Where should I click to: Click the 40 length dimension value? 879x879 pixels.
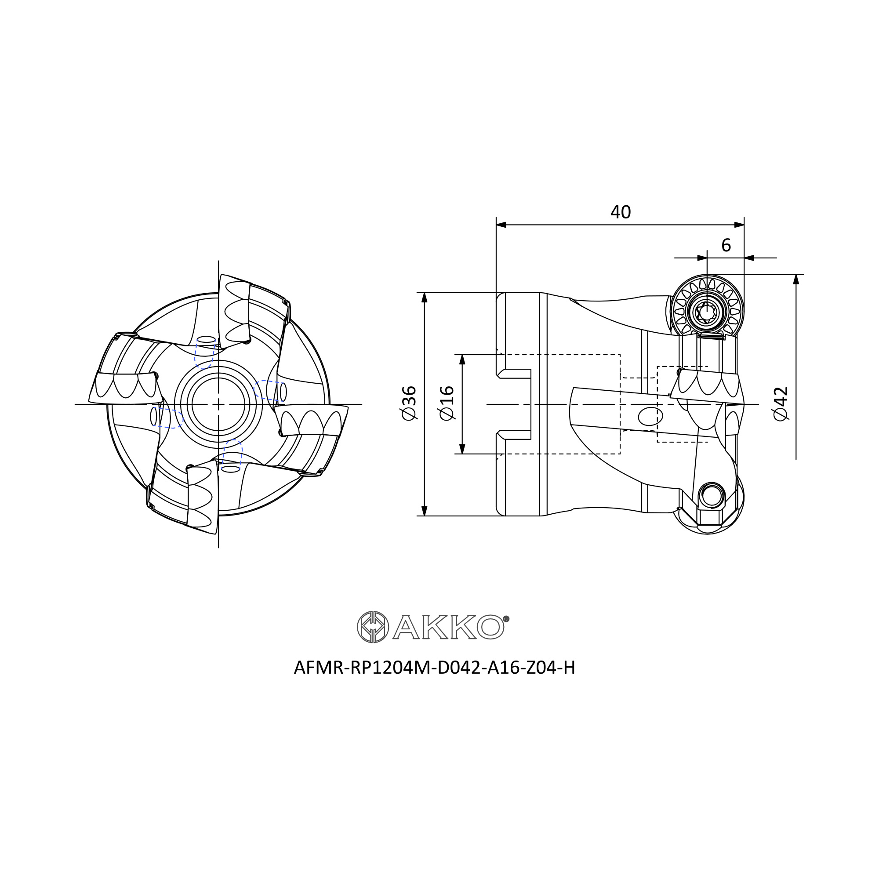[621, 212]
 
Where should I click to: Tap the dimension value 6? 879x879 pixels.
[726, 246]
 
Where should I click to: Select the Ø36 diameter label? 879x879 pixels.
[409, 403]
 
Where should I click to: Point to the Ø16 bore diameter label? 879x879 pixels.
[447, 403]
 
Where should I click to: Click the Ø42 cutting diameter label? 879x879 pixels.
[781, 403]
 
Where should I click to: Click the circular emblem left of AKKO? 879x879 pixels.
[373, 627]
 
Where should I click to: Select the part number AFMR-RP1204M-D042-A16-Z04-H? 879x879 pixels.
[435, 668]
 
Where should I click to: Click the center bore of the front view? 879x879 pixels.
[218, 404]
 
